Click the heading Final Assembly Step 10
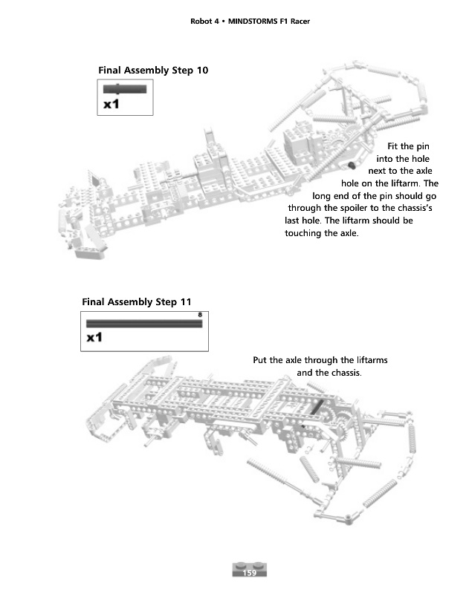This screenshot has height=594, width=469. [153, 70]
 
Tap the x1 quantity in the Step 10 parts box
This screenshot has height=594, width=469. [111, 105]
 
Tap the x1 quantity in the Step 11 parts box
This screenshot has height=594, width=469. [94, 338]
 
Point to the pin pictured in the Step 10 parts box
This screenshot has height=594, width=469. [125, 89]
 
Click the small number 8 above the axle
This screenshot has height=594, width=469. [200, 316]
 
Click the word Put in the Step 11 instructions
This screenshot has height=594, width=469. [260, 361]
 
